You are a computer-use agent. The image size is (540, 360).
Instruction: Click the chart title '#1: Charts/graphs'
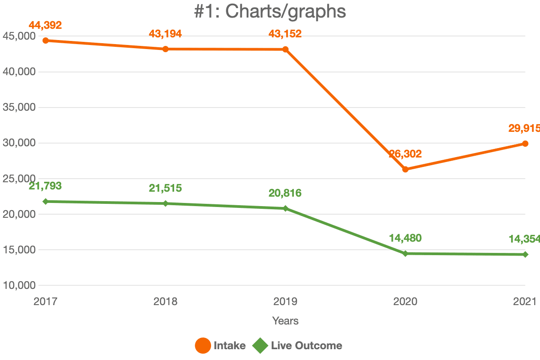tap(270, 11)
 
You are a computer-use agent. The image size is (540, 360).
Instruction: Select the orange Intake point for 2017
tap(45, 40)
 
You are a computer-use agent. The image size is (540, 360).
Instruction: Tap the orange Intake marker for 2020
tap(405, 169)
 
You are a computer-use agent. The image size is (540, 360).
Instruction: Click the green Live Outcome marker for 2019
tap(285, 208)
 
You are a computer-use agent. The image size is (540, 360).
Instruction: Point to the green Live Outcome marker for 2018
tap(166, 203)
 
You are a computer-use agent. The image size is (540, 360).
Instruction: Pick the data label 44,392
tap(45, 25)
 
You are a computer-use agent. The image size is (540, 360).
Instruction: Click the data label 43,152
tap(285, 34)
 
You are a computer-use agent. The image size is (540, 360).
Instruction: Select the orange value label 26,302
tap(405, 154)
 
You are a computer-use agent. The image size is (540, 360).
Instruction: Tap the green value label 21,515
tap(166, 188)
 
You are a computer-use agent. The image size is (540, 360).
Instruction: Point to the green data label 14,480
tap(405, 238)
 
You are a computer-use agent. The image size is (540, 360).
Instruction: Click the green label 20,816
tap(285, 193)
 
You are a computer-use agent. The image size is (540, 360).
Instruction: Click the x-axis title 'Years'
tap(285, 321)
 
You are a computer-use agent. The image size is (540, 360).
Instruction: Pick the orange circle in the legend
tap(203, 346)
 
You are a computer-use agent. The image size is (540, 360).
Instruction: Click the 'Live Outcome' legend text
tap(306, 346)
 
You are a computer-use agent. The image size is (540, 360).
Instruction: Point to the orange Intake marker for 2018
tap(166, 49)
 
